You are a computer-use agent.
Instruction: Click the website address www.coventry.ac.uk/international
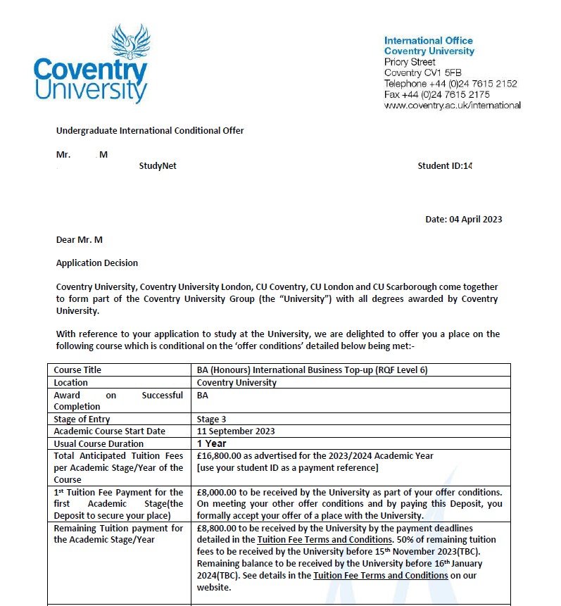point(452,105)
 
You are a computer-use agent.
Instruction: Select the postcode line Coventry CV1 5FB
point(421,72)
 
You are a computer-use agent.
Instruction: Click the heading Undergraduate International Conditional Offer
point(149,130)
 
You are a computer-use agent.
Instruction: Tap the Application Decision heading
point(97,263)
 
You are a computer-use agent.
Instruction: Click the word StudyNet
point(158,166)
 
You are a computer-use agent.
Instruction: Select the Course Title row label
point(77,370)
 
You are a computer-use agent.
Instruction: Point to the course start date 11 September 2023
point(236,431)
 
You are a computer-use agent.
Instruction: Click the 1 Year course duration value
point(212,443)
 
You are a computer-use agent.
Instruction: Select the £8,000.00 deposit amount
point(218,492)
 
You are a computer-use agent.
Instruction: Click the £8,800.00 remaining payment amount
point(218,528)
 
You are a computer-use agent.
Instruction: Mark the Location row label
point(71,382)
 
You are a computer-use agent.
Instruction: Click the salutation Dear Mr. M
point(79,240)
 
